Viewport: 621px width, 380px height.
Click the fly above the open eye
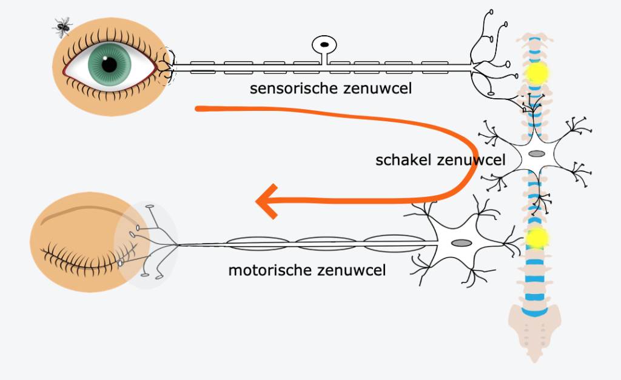pos(62,25)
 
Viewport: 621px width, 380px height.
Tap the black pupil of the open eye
pos(109,64)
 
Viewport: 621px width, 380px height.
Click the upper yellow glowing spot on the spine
pos(537,73)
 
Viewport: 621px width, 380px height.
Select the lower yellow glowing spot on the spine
pos(535,238)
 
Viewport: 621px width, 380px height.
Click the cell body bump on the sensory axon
pos(324,45)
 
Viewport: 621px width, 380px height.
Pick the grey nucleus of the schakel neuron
pos(536,154)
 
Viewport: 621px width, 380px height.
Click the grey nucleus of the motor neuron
pos(462,243)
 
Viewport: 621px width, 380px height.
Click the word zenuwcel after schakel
pos(474,160)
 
